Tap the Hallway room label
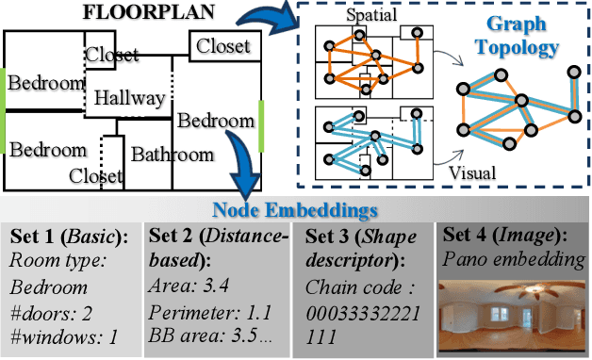click(130, 98)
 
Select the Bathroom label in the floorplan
click(172, 154)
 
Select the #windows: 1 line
click(65, 335)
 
